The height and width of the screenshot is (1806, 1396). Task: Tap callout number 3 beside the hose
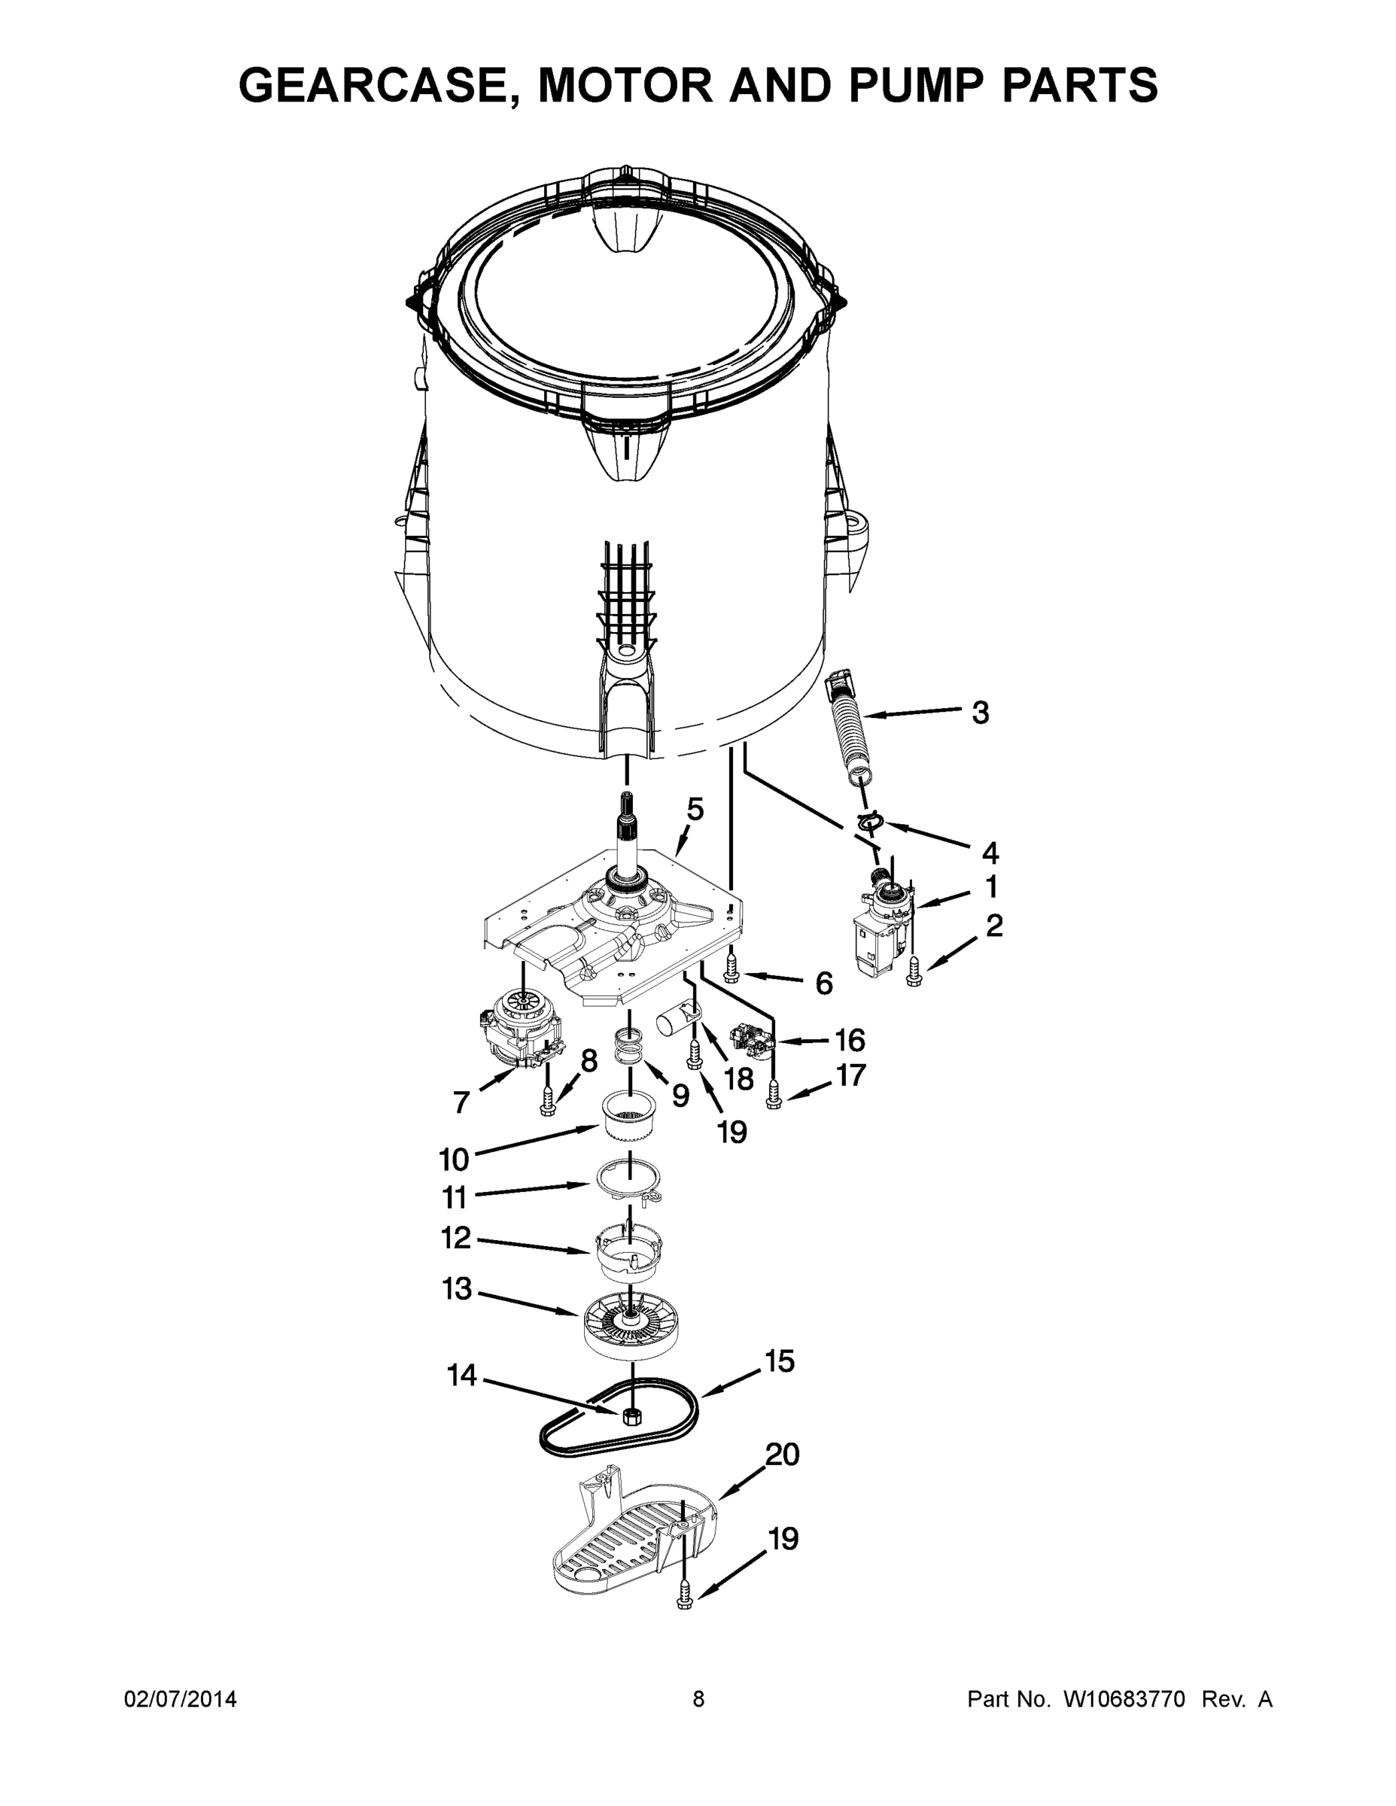tap(979, 713)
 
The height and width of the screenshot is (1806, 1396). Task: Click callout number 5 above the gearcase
tap(695, 809)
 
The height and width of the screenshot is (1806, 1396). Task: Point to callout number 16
tap(850, 1039)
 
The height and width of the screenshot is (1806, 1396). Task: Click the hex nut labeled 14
tap(631, 1416)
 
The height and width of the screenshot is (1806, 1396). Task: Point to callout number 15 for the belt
tap(779, 1362)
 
